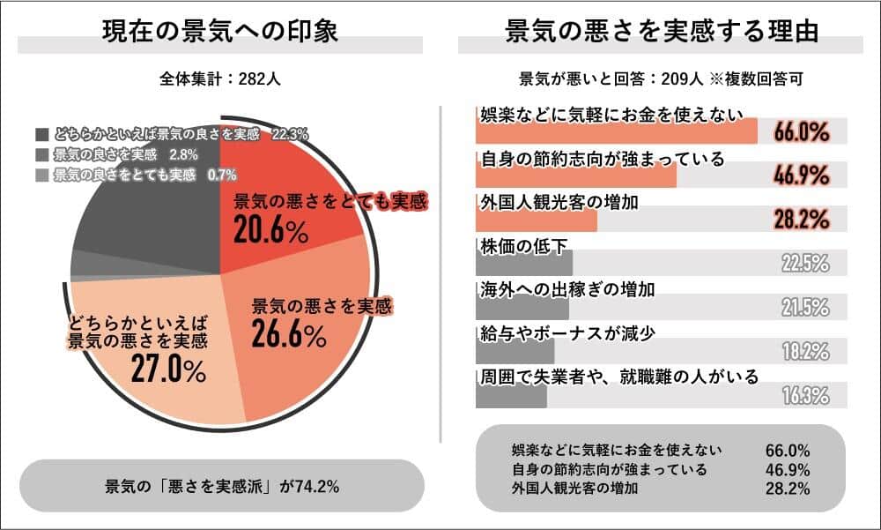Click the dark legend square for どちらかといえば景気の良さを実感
click(42, 135)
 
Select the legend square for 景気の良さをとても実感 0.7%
click(42, 175)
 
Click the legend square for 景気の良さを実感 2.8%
click(42, 155)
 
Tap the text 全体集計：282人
click(220, 78)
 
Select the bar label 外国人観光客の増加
click(545, 202)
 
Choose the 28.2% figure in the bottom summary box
click(788, 488)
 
